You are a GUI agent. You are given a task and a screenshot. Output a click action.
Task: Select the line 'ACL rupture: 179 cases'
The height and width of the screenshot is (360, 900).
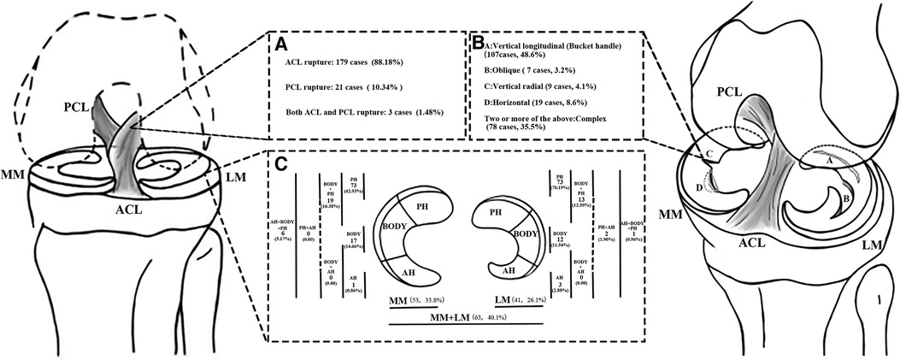coord(352,62)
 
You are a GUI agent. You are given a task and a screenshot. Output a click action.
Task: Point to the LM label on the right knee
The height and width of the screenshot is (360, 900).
coord(873,246)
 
